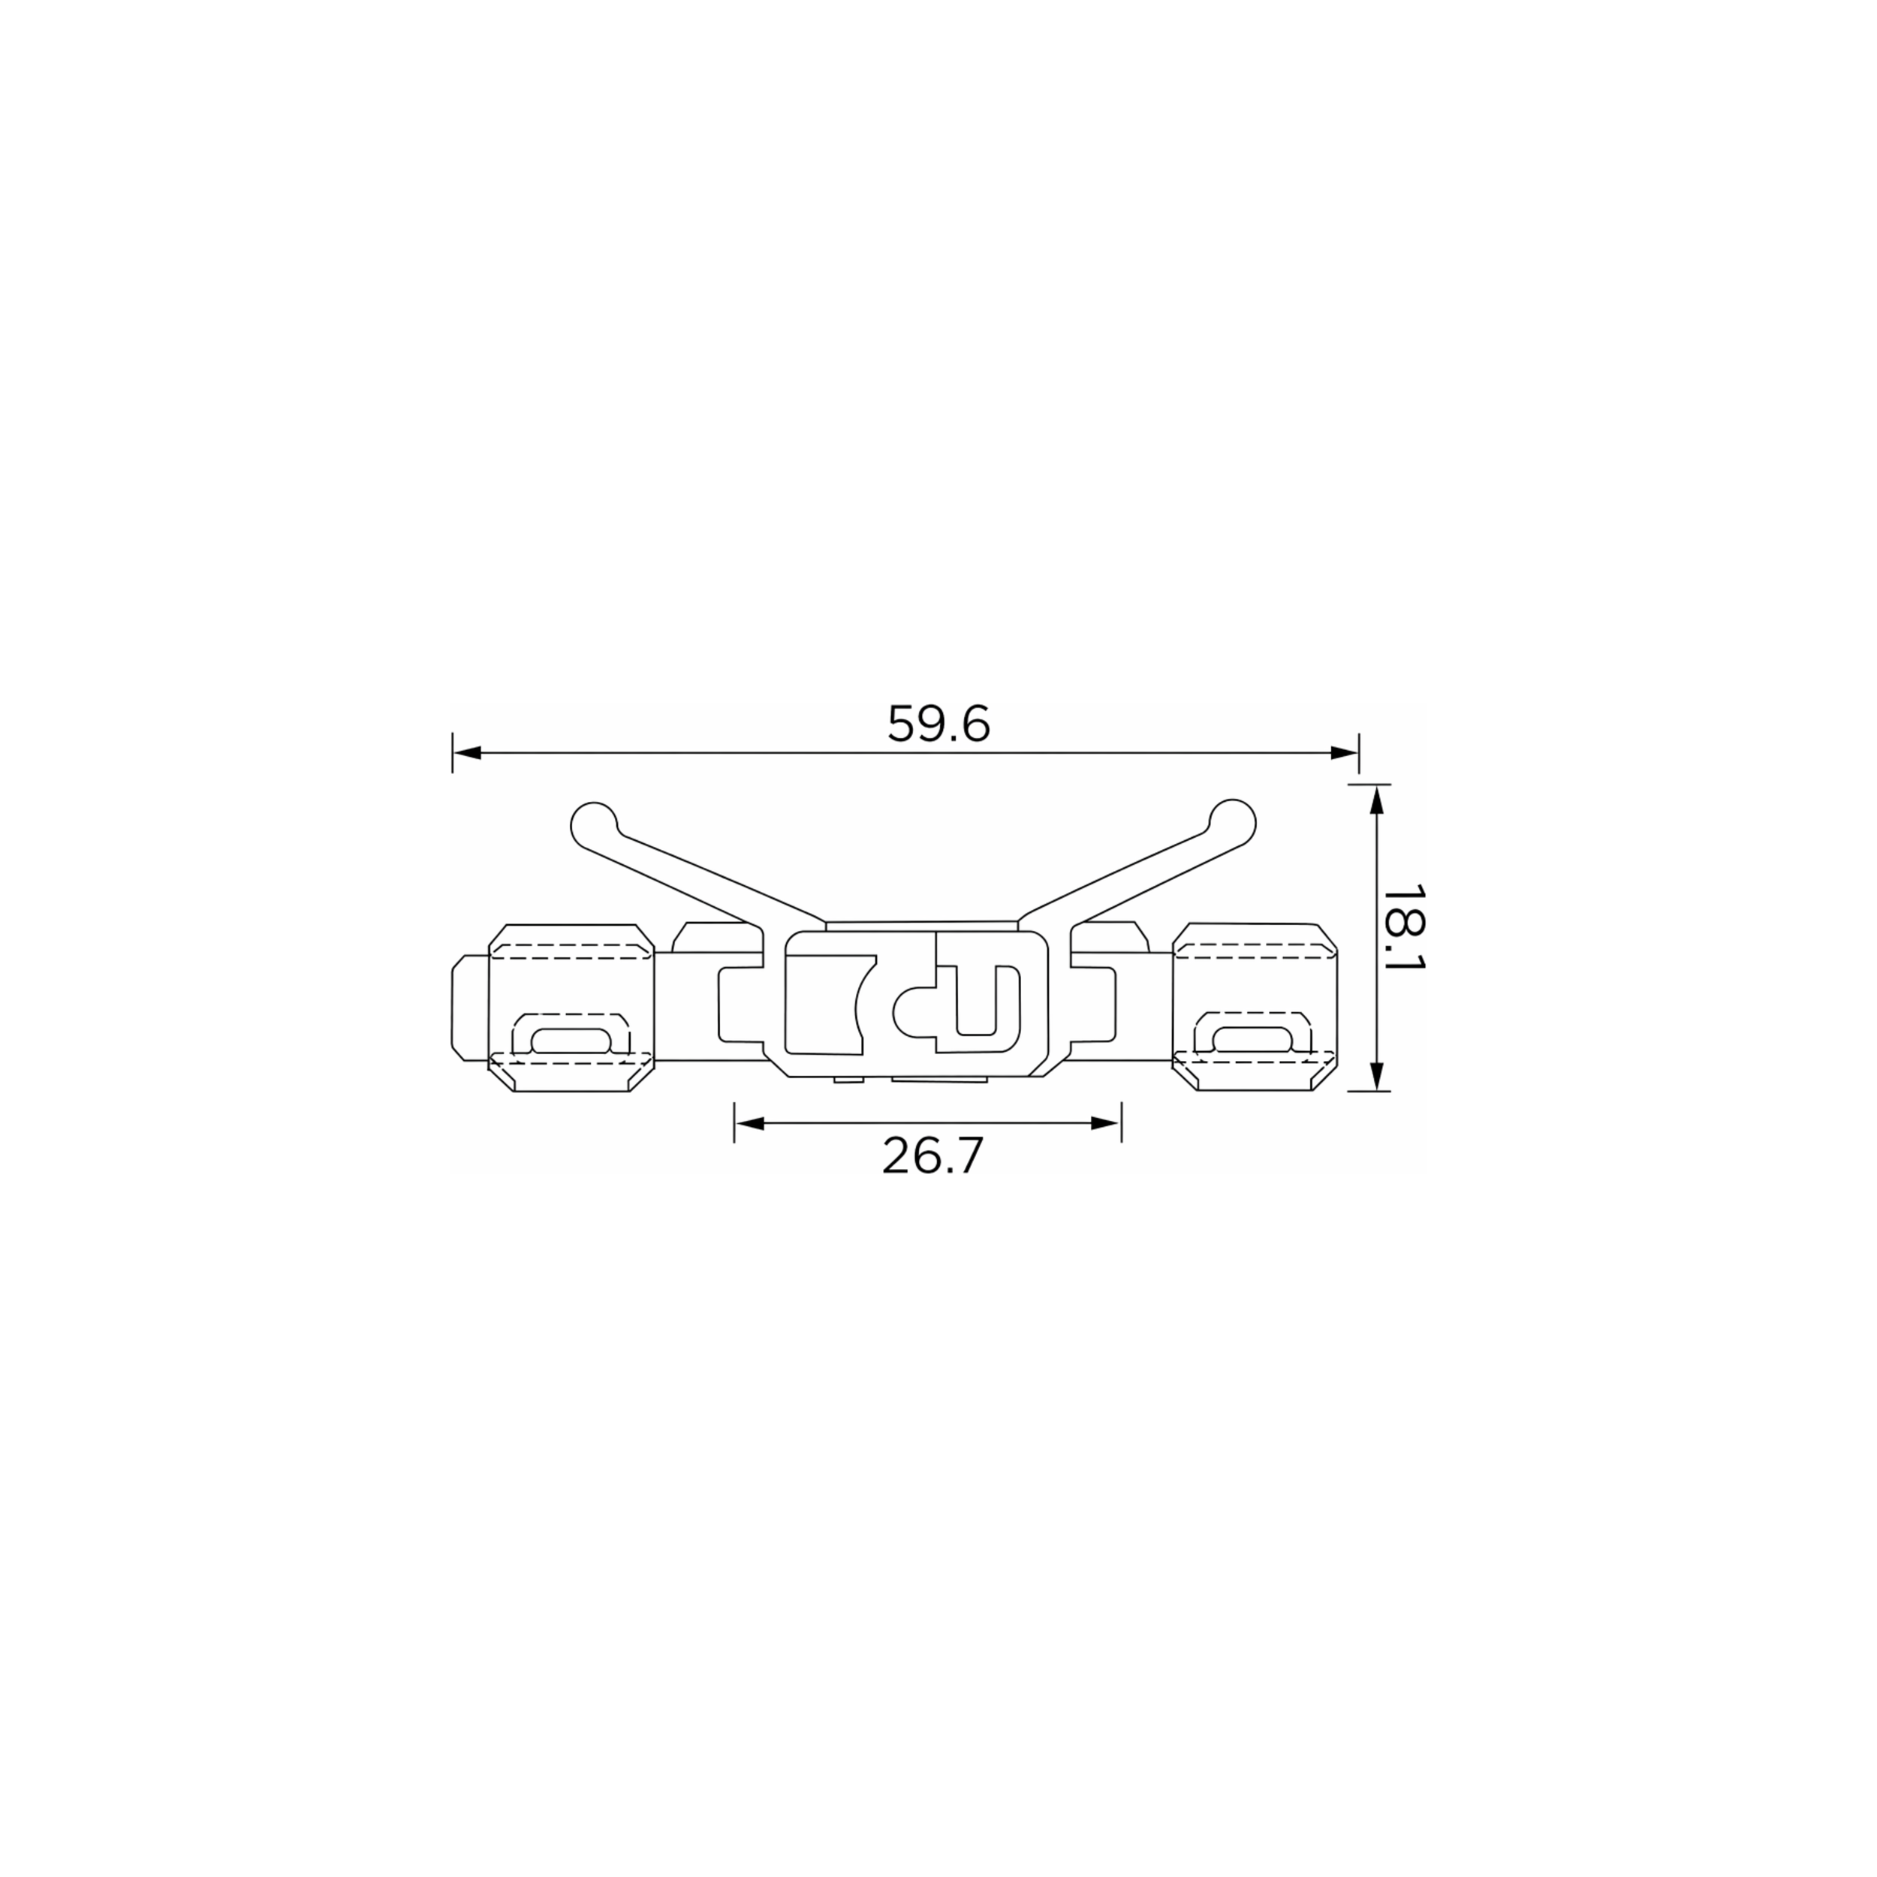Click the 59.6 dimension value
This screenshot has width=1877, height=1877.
coord(938,724)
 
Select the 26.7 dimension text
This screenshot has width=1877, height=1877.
coord(932,1156)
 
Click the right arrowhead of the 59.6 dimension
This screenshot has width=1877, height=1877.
coord(1344,753)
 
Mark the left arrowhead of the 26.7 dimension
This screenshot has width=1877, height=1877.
coord(749,1123)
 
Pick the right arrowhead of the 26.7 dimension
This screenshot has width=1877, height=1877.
coord(1107,1123)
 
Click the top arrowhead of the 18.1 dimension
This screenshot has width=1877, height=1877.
coord(1375,800)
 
